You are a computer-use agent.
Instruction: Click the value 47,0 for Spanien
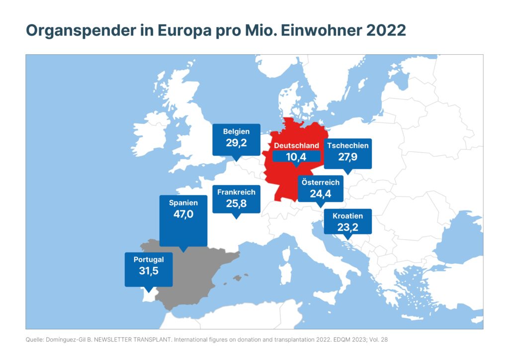[x=183, y=215]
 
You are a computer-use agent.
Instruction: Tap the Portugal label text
[x=149, y=260]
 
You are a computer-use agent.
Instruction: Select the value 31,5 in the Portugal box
[x=149, y=271]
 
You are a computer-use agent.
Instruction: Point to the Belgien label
[x=236, y=132]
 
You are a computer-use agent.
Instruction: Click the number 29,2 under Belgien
[x=236, y=144]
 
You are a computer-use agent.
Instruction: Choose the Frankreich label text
[x=236, y=192]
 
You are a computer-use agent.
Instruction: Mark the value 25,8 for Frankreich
[x=236, y=203]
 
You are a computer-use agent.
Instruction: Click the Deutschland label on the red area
[x=296, y=146]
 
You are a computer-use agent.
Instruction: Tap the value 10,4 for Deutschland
[x=296, y=157]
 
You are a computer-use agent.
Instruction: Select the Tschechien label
[x=348, y=146]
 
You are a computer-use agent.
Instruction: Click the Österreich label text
[x=321, y=182]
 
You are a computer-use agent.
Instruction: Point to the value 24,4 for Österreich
[x=321, y=194]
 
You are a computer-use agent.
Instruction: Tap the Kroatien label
[x=348, y=216]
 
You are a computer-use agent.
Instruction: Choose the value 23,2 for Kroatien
[x=348, y=228]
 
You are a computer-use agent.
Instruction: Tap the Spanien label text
[x=183, y=203]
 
